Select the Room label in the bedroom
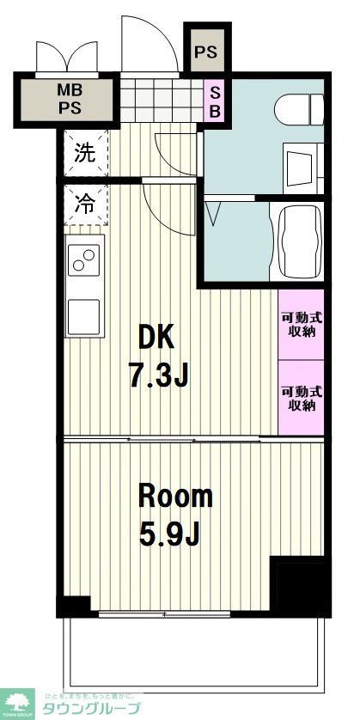pyautogui.click(x=175, y=497)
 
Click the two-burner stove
pyautogui.click(x=84, y=259)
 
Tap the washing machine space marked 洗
pyautogui.click(x=84, y=154)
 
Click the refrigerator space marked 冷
pyautogui.click(x=84, y=204)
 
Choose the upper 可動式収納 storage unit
pyautogui.click(x=301, y=325)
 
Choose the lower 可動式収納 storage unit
pyautogui.click(x=301, y=397)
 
